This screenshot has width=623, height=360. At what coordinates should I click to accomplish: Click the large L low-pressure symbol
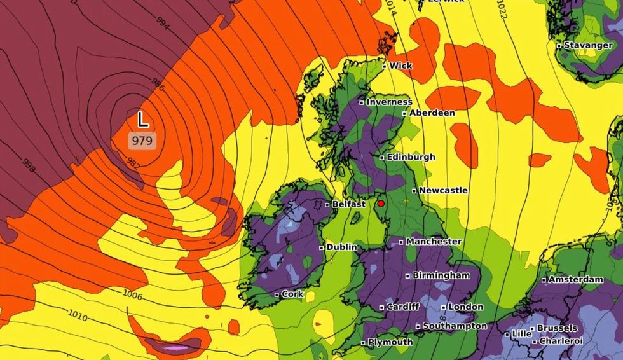(143, 120)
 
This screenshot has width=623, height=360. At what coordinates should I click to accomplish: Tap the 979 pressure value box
(142, 141)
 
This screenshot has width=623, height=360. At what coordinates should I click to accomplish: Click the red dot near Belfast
(381, 204)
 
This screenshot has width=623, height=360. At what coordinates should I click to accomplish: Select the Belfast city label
(349, 204)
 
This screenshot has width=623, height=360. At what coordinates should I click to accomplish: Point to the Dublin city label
(342, 247)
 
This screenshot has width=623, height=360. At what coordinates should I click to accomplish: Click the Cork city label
(292, 294)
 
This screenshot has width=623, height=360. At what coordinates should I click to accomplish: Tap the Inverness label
(389, 102)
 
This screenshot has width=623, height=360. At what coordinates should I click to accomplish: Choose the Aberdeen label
(432, 113)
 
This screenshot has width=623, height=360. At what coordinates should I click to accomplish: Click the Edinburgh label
(411, 157)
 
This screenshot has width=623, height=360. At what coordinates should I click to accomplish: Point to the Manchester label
(434, 242)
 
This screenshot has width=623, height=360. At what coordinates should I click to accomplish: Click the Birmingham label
(442, 275)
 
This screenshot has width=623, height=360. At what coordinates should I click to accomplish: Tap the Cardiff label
(403, 307)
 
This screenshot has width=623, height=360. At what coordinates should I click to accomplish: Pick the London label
(465, 307)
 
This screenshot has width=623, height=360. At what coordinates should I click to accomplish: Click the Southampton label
(455, 326)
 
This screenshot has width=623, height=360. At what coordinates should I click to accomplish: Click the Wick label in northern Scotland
(400, 66)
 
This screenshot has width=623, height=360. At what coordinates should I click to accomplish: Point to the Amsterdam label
(575, 280)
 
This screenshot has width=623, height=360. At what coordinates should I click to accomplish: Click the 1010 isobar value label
(78, 316)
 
